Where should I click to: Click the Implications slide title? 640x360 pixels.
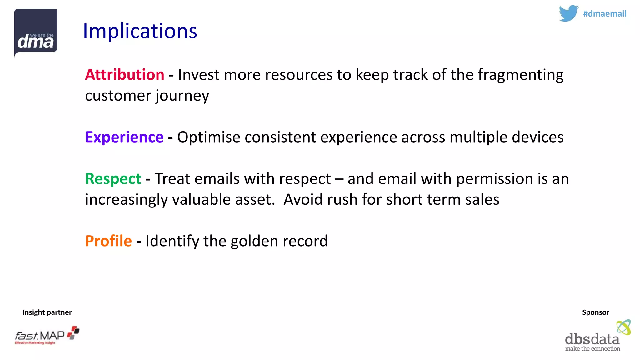coord(140,31)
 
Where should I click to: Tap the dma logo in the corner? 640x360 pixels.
coord(36,33)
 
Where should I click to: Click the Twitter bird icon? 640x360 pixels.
coord(568,13)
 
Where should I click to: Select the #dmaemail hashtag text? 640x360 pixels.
coord(605,14)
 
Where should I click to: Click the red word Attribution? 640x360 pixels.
coord(124,75)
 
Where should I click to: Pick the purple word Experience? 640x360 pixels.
coord(124,137)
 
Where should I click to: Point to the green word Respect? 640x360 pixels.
coord(113,179)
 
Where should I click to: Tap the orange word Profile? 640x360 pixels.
coord(108,241)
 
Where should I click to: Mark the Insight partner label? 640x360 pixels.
coord(47,312)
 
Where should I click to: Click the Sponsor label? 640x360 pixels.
coord(595,312)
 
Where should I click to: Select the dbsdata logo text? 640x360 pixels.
coord(592,339)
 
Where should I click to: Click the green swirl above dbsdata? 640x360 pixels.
coord(623,327)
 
